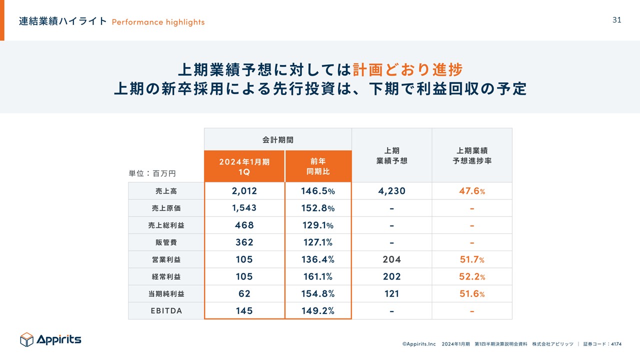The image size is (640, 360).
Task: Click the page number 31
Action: pos(616,20)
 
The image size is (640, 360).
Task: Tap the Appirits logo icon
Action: pos(26,339)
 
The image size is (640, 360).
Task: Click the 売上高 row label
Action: pos(166,191)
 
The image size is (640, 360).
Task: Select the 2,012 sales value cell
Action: pos(244,191)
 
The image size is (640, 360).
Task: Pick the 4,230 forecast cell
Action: pos(391,191)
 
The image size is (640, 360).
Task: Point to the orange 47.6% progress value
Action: pos(472,191)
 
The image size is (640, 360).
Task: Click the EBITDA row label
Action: pos(166,310)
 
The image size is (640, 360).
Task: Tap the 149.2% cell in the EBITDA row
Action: pos(318,310)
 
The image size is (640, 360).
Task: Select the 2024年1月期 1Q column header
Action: pos(244,166)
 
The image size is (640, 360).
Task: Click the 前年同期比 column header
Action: pos(318,166)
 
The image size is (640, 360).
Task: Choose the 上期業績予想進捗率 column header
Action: pos(472,155)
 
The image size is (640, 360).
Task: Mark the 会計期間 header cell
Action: pos(277,139)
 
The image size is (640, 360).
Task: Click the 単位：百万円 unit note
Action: pos(152,173)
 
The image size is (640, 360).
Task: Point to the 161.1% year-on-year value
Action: pos(318,276)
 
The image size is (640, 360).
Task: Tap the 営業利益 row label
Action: pos(166,259)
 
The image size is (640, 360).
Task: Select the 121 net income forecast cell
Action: pos(391,293)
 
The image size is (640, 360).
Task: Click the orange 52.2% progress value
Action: pos(472,276)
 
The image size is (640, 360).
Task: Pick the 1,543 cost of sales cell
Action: pos(244,208)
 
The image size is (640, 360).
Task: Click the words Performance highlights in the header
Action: pos(158,22)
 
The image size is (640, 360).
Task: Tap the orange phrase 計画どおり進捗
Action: pos(407,69)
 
